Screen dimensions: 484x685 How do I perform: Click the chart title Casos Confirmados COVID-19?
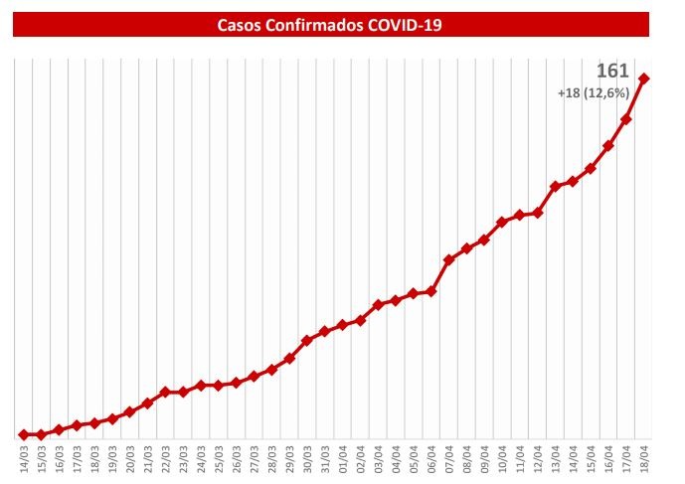point(329,24)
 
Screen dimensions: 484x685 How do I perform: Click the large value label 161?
point(611,72)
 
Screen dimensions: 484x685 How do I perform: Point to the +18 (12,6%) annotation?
point(595,93)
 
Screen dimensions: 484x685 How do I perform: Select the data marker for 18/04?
point(644,79)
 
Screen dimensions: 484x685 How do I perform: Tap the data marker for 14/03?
point(23,434)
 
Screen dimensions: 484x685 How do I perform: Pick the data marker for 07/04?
point(449,259)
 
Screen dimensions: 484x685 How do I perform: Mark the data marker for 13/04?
point(556,186)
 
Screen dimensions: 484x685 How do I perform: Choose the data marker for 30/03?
point(307,340)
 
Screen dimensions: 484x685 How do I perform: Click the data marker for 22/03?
point(165,392)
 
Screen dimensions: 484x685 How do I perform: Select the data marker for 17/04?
point(626,119)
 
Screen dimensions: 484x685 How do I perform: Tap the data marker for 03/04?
point(378,304)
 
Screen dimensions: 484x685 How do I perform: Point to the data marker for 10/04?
point(502,222)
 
